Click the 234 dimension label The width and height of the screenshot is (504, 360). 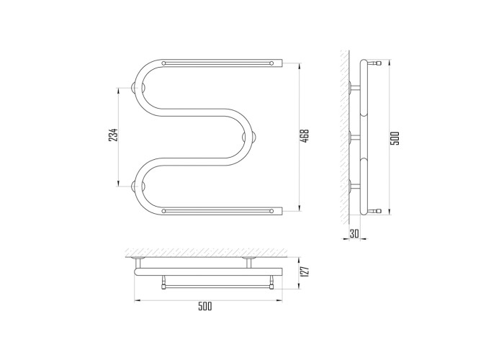(113, 135)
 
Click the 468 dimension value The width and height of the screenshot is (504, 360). (305, 136)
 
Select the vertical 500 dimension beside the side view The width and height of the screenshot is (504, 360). (395, 138)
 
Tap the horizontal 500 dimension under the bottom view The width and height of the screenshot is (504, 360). (204, 306)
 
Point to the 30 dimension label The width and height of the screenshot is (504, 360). (354, 233)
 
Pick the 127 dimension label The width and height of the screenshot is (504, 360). (305, 271)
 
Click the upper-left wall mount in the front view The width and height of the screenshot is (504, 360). (138, 87)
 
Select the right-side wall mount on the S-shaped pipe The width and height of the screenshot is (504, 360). (249, 138)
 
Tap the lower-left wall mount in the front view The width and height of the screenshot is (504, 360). (138, 186)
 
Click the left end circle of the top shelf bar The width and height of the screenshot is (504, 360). (164, 63)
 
